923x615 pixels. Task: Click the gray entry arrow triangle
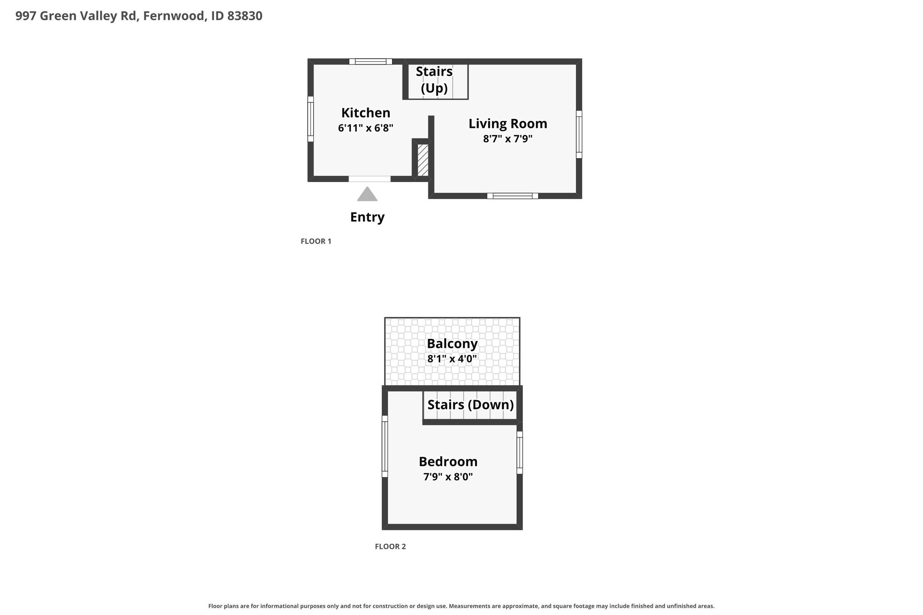(x=367, y=194)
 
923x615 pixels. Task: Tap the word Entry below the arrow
(x=367, y=217)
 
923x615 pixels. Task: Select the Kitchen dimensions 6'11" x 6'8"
(x=366, y=128)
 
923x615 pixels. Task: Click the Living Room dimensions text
(x=508, y=139)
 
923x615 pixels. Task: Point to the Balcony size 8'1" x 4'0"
(x=452, y=359)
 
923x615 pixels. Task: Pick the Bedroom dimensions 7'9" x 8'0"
(x=448, y=477)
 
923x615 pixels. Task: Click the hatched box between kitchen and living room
(x=423, y=160)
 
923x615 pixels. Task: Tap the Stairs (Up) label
(x=434, y=80)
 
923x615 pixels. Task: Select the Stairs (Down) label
(x=471, y=405)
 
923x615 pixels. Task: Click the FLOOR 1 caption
(x=316, y=241)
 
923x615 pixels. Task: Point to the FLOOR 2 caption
(x=390, y=547)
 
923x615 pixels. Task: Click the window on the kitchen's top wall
(x=370, y=62)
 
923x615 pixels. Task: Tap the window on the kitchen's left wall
(x=311, y=119)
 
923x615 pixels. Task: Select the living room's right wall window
(x=579, y=134)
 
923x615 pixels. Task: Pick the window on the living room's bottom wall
(x=512, y=196)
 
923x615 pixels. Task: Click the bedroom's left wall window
(x=385, y=446)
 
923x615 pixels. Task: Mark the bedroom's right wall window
(x=520, y=452)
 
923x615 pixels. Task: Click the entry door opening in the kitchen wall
(x=370, y=179)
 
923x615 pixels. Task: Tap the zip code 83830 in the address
(x=245, y=16)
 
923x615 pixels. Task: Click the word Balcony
(x=452, y=344)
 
